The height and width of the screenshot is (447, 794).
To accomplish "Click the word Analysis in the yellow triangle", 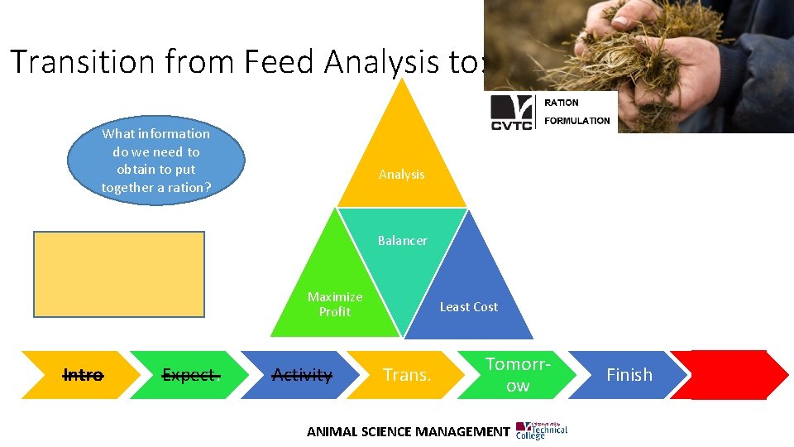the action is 401,175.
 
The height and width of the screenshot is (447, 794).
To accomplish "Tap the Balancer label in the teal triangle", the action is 402,241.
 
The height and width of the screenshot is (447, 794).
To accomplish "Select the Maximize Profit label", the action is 335,304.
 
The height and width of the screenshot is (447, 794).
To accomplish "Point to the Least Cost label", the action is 468,307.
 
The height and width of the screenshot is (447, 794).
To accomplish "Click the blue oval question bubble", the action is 155,161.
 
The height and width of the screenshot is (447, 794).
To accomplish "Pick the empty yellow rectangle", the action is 119,274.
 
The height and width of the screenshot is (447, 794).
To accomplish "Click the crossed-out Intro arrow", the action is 83,375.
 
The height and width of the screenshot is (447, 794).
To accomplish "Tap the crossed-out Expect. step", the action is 191,375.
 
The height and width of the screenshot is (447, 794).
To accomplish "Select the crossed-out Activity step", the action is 302,375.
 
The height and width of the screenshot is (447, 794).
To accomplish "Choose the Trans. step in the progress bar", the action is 407,375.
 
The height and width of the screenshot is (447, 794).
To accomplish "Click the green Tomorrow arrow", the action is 518,375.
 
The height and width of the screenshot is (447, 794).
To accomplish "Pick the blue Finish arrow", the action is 629,375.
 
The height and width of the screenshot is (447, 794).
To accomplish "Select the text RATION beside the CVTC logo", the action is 562,103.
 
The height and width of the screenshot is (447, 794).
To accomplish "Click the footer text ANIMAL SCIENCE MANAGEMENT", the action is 408,431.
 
